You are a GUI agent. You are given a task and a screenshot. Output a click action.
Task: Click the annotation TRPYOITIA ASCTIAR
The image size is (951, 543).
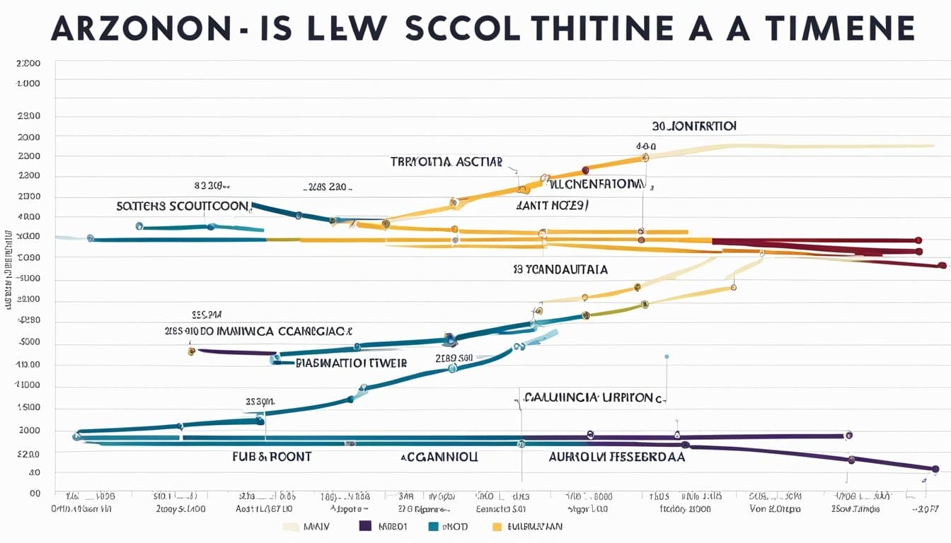pyautogui.click(x=446, y=162)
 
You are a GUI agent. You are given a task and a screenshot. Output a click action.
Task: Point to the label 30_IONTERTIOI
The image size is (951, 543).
pyautogui.click(x=694, y=126)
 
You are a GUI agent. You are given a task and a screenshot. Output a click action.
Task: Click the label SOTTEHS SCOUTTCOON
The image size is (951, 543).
pyautogui.click(x=183, y=206)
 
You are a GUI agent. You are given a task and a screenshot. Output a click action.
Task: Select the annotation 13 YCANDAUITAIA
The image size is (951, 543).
pyautogui.click(x=560, y=269)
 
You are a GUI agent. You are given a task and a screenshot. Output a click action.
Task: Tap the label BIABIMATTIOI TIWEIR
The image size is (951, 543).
pyautogui.click(x=351, y=363)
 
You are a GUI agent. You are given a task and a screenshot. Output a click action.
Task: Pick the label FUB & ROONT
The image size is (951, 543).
pyautogui.click(x=272, y=457)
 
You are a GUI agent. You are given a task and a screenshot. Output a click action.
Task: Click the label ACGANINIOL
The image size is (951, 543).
pyautogui.click(x=439, y=457)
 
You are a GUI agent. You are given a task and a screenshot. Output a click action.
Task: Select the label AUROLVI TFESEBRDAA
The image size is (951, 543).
pyautogui.click(x=617, y=457)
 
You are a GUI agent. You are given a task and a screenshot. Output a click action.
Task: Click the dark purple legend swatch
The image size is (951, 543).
pyautogui.click(x=366, y=526)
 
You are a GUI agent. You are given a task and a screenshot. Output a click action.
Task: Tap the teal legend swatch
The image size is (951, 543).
pyautogui.click(x=435, y=526)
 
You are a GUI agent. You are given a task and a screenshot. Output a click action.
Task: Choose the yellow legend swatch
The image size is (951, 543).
pyautogui.click(x=497, y=526)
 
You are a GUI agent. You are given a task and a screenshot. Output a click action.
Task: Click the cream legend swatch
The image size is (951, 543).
pyautogui.click(x=291, y=526)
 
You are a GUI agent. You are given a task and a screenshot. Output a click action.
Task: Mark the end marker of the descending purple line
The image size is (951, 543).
pyautogui.click(x=935, y=469)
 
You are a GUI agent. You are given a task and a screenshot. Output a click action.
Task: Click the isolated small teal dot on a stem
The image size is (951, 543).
pyautogui.click(x=667, y=356)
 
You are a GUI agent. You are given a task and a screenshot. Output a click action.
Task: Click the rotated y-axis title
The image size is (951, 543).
pyautogui.click(x=8, y=269)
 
